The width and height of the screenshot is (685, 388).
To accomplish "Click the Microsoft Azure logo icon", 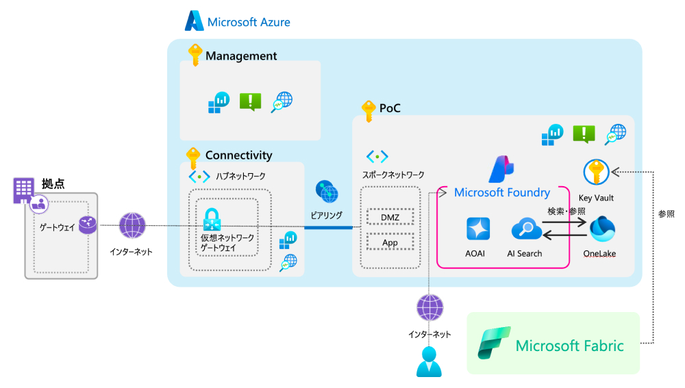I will click(x=195, y=21).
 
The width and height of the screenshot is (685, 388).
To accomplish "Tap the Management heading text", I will click(x=241, y=56).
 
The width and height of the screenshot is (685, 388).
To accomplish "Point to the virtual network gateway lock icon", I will click(x=211, y=219).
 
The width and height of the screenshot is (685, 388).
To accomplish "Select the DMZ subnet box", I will click(x=390, y=218).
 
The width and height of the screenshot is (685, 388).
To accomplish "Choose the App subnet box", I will click(x=390, y=242).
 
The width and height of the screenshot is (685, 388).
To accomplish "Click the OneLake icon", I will click(x=602, y=230).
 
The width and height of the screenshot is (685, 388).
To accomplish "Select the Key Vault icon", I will click(x=596, y=172).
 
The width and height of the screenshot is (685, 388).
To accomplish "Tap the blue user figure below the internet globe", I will click(x=429, y=361).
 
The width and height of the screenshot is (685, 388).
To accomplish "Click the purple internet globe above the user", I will click(x=429, y=308).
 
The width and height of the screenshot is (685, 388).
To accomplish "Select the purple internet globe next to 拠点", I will click(x=132, y=225).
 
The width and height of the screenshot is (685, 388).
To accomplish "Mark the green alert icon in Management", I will click(x=250, y=102).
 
